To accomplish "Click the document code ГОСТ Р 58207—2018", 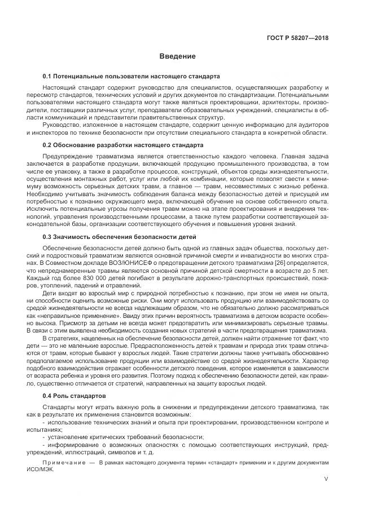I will tap(297, 38).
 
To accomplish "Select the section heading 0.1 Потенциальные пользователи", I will tap(131, 76).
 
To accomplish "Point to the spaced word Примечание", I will tap(64, 462).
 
